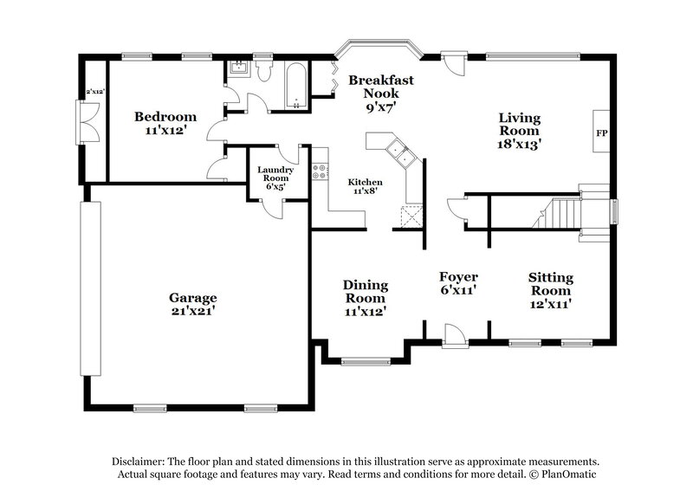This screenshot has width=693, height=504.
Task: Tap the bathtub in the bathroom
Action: [x=295, y=87]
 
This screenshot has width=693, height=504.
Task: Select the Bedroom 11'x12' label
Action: [x=165, y=123]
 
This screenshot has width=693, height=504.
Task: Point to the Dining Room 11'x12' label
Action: [x=365, y=297]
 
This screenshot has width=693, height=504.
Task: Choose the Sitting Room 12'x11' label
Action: [x=551, y=290]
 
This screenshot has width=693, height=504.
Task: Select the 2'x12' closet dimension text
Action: [x=93, y=91]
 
